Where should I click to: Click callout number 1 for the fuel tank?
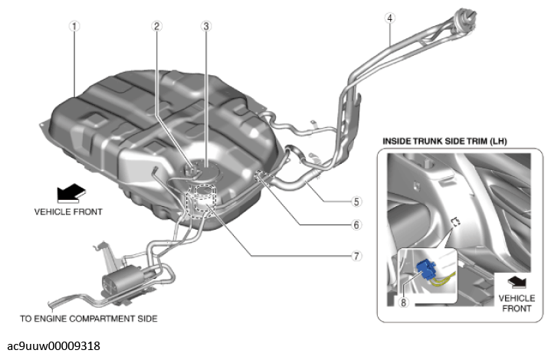click(74, 26)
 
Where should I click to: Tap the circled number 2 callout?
click(157, 26)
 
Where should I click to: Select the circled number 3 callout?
click(206, 26)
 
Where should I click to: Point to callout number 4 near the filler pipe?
click(390, 18)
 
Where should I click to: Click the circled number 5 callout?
click(356, 201)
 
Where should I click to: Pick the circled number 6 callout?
click(356, 224)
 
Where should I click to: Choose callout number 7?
click(356, 256)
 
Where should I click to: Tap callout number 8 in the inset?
click(403, 303)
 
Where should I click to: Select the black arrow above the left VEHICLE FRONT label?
click(71, 193)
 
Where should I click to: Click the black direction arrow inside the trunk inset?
click(517, 282)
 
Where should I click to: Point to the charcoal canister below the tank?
click(121, 277)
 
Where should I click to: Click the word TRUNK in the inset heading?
click(430, 142)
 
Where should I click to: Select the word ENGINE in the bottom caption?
click(51, 319)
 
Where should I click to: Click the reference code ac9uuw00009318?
click(54, 346)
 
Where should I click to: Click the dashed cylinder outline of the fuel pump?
click(202, 201)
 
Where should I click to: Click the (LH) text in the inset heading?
click(498, 142)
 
